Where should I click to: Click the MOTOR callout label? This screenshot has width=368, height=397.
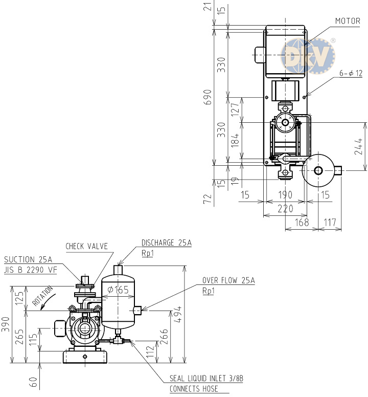point(348,21)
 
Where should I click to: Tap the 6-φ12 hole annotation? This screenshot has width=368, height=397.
point(351,74)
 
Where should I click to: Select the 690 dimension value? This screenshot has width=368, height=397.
point(208,97)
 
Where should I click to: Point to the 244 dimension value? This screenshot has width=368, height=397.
point(358,146)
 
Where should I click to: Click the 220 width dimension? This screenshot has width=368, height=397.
point(285,209)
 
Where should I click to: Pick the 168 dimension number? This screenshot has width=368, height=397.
point(302,223)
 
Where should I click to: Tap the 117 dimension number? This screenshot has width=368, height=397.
point(330,223)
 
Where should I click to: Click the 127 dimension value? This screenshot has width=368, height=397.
point(235,109)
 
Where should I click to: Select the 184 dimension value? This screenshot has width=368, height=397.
point(235,140)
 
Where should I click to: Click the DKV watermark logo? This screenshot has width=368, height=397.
point(308,56)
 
